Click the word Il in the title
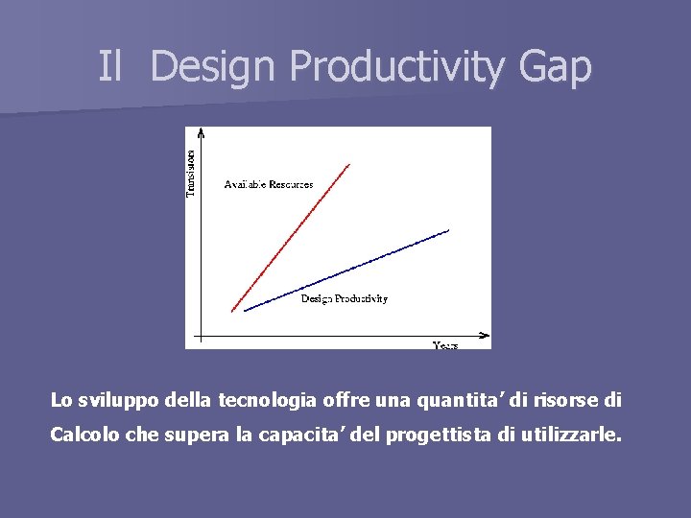110,66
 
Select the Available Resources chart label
268,184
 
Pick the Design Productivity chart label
344,299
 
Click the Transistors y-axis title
190,173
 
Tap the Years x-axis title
444,344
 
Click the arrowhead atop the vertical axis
200,133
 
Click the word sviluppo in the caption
113,400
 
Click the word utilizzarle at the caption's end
570,436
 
